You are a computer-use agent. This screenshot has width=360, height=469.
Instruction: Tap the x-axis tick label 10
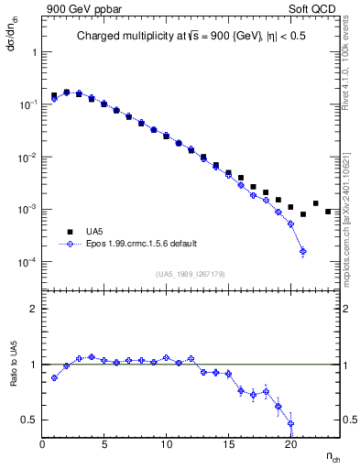(x=167, y=446)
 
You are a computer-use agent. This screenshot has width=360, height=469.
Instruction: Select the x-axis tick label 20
(x=290, y=446)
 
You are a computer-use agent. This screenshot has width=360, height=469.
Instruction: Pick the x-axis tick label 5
(x=104, y=446)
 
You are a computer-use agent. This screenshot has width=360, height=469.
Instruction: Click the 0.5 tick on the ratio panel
(x=30, y=420)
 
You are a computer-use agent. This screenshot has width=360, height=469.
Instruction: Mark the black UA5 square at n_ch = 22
(x=315, y=203)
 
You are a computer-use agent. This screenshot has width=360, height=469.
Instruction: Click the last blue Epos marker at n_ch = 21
(x=303, y=251)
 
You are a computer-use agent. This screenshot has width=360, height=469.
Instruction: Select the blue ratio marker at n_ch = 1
(x=55, y=377)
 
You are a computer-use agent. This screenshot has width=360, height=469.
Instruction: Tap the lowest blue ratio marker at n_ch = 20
(x=290, y=423)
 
